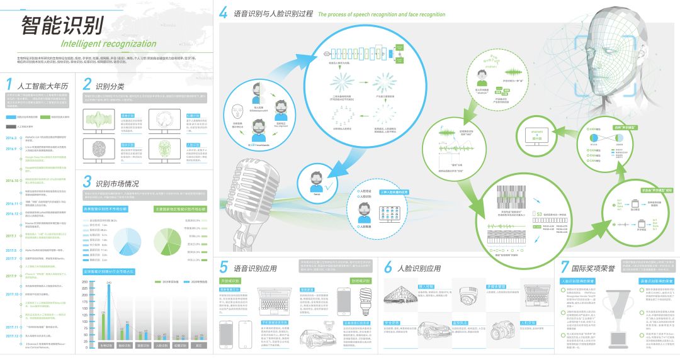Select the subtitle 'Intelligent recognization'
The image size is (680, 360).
click(108, 44)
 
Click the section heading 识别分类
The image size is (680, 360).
click(110, 85)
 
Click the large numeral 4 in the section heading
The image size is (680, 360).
click(224, 13)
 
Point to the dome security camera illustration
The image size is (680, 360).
click(470, 297)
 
